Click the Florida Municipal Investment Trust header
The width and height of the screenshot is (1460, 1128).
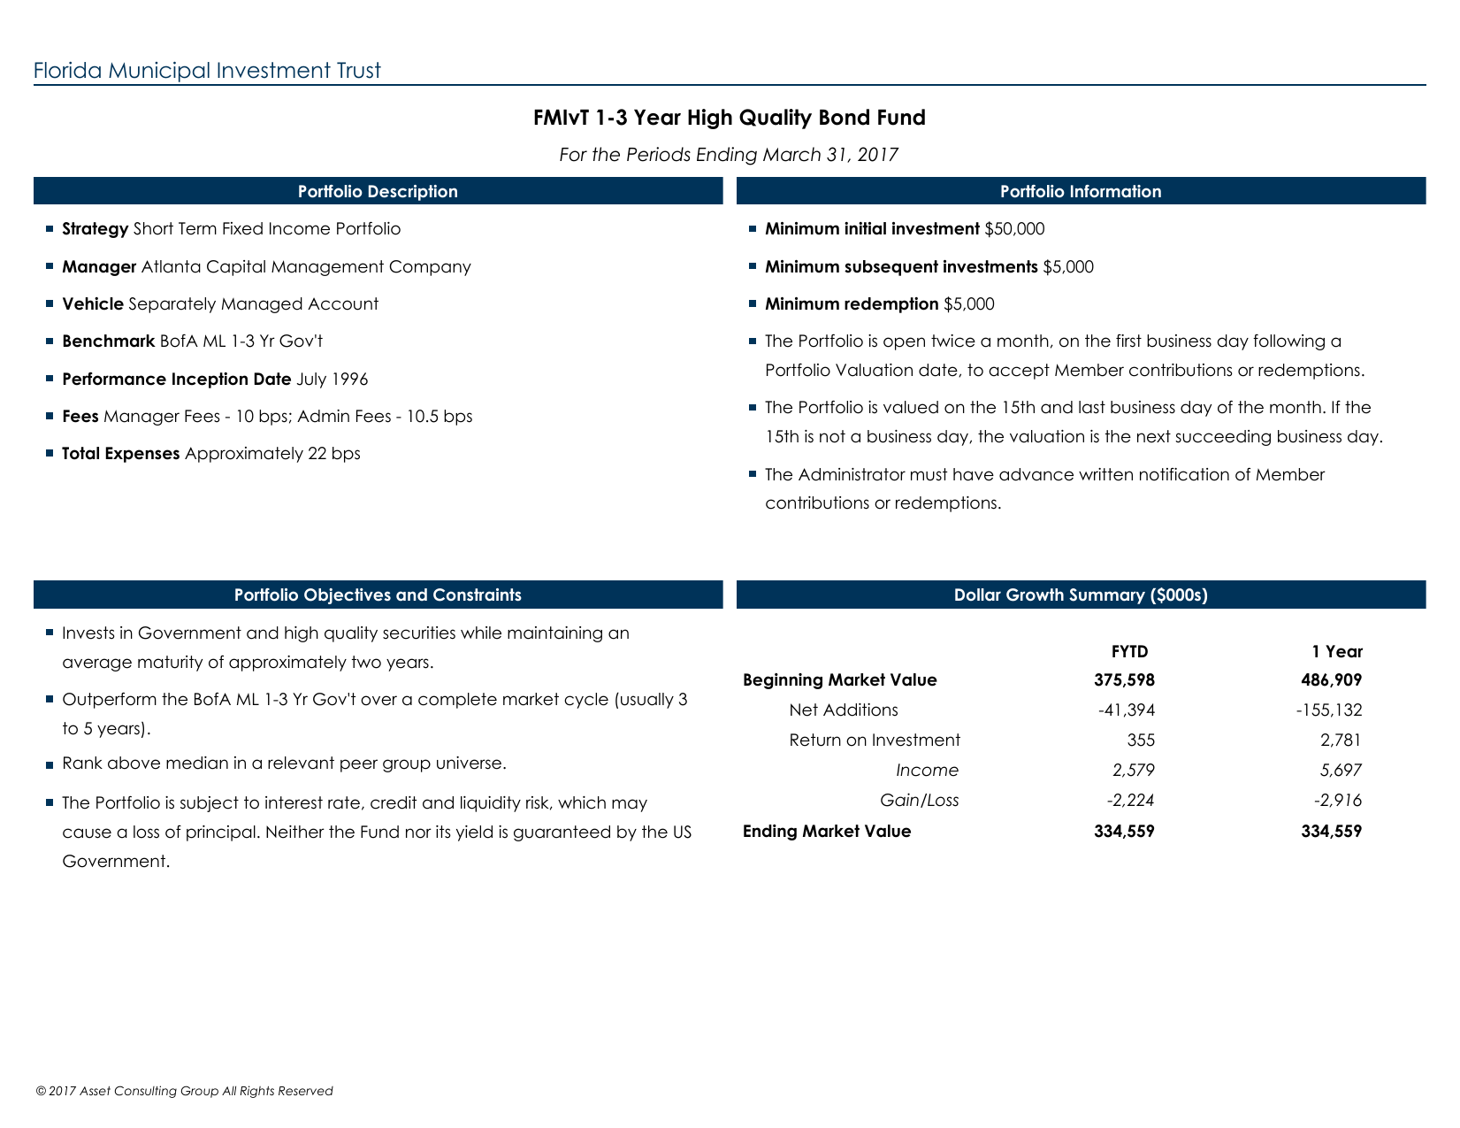(x=207, y=71)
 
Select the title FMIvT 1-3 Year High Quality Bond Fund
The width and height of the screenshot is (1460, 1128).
(x=729, y=118)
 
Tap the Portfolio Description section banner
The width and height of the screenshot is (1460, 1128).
(x=378, y=191)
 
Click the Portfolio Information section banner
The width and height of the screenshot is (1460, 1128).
(x=1080, y=191)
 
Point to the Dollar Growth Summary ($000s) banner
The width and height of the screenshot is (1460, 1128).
(x=1080, y=595)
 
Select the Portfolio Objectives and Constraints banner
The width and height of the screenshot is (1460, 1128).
(x=378, y=595)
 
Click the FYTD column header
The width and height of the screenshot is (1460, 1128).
(x=1129, y=652)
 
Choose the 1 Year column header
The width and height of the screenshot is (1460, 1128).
(x=1336, y=652)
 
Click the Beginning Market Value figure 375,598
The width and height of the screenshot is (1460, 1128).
(x=1124, y=680)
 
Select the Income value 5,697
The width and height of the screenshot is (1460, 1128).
(x=1341, y=771)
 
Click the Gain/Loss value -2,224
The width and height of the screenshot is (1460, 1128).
(x=1130, y=801)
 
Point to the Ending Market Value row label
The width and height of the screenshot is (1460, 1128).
(x=827, y=832)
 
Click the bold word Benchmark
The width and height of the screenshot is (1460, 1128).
(x=108, y=341)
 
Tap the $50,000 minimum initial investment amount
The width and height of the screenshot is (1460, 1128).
(x=1014, y=229)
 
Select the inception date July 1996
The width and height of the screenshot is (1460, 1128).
(x=332, y=380)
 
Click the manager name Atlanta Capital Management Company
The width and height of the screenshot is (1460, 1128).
(x=306, y=267)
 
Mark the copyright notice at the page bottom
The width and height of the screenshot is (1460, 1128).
(x=184, y=1091)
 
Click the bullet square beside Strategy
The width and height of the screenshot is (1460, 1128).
(x=50, y=228)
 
